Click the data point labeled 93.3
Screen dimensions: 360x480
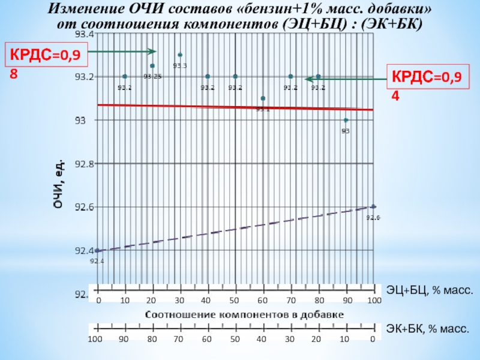coord(180,55)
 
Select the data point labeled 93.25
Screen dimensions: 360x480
coord(152,66)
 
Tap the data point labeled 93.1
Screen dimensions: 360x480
coord(263,98)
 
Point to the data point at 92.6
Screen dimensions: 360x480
coord(373,207)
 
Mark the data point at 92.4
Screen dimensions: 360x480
coord(97,250)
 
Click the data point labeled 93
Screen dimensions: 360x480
coord(346,120)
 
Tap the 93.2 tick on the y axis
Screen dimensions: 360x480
coord(83,77)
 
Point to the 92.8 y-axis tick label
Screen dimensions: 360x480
coord(83,164)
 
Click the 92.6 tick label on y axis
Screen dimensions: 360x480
coord(83,207)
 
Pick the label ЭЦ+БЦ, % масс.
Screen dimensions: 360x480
coord(430,291)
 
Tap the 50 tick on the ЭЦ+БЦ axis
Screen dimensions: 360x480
coord(235,300)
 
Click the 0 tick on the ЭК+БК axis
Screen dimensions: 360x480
coord(372,339)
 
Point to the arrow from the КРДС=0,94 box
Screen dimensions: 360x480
coord(346,79)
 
